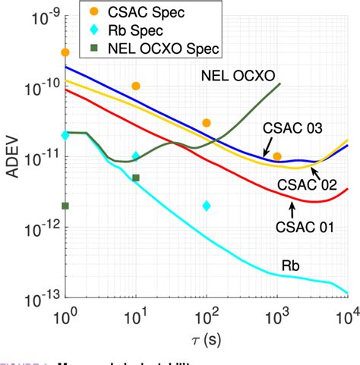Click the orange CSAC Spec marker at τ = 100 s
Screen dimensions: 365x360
coord(207,122)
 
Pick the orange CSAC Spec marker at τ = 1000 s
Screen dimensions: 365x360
coord(277,156)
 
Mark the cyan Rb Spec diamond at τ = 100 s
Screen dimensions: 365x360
coord(207,206)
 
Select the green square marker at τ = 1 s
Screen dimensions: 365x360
coord(65,206)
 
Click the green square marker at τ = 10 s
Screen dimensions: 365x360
coord(136,178)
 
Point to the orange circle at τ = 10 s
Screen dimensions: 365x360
coord(136,87)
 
